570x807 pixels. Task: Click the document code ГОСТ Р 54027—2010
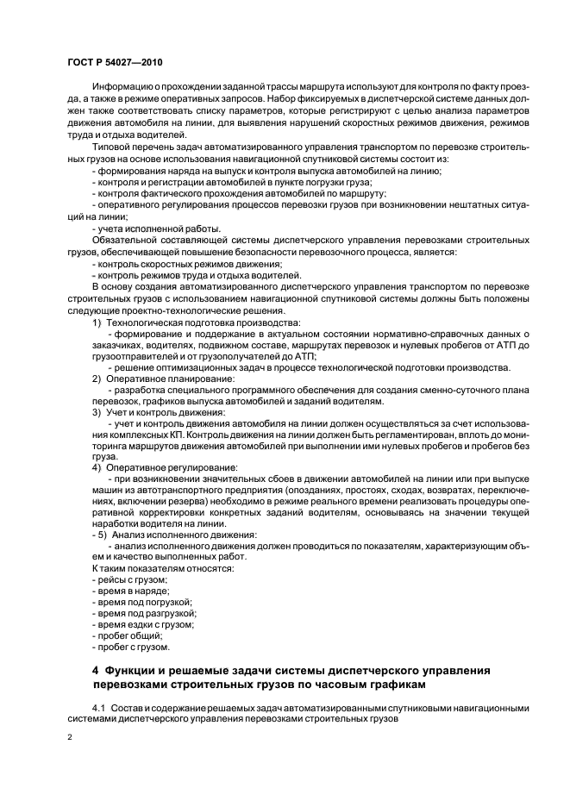coord(114,62)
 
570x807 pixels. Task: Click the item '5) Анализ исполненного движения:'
coord(161,535)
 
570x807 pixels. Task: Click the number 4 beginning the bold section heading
coord(96,670)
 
